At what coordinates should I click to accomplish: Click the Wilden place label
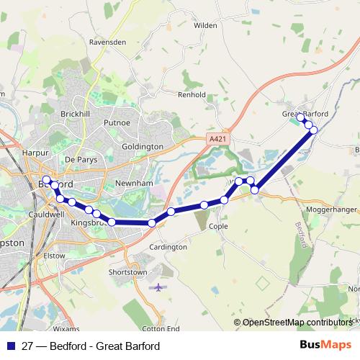(x=206, y=24)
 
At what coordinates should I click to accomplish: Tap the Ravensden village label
(x=108, y=42)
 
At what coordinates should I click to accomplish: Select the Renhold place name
(x=192, y=94)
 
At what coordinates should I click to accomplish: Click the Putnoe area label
(x=117, y=123)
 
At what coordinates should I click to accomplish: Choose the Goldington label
(x=143, y=146)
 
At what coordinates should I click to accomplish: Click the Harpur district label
(x=35, y=153)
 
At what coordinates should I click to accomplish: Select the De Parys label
(x=80, y=158)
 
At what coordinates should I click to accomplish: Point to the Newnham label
(x=135, y=184)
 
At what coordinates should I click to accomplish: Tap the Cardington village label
(x=168, y=247)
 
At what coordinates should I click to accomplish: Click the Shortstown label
(x=127, y=272)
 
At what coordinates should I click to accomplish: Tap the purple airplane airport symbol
(x=158, y=287)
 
